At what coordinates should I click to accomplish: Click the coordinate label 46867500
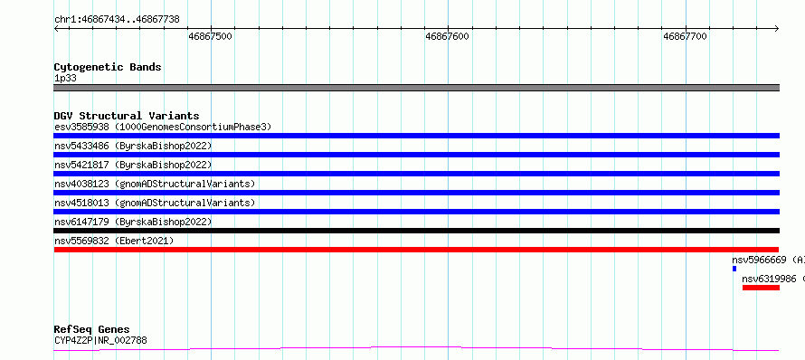tap(211, 36)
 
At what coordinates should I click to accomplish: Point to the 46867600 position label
tap(447, 36)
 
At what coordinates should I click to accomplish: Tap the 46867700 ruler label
tap(685, 36)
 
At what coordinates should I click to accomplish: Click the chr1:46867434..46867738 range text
tap(117, 20)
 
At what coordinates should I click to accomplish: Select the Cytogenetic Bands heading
tap(108, 67)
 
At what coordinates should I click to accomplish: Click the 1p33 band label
tap(66, 79)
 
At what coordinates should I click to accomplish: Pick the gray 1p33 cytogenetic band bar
tap(416, 88)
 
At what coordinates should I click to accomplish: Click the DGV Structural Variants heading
tap(127, 116)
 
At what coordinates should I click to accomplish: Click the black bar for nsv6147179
tap(416, 231)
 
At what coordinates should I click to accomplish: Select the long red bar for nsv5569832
tap(416, 250)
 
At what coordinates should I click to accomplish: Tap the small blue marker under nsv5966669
tap(734, 269)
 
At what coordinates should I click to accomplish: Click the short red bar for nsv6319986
tap(761, 288)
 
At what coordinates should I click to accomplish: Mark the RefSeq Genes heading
tap(92, 329)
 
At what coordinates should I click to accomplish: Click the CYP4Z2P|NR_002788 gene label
tap(100, 340)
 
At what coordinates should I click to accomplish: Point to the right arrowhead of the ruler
tap(777, 29)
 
